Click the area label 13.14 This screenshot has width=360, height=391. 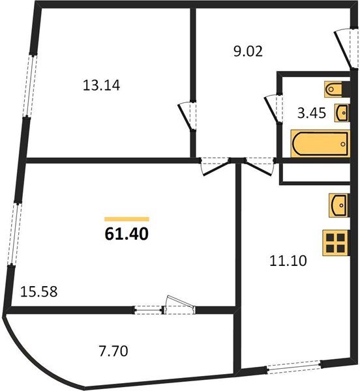(x=103, y=84)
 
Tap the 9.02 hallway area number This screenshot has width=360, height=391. (x=248, y=51)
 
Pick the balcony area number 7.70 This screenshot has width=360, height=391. (x=115, y=352)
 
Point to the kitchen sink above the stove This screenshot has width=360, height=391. (x=338, y=206)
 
